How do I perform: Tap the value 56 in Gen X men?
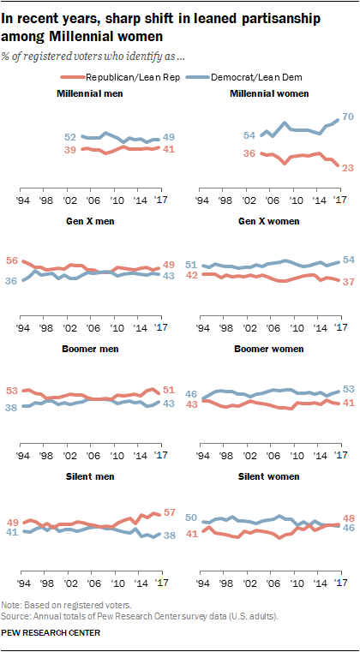(12, 260)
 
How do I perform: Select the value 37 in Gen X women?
(348, 282)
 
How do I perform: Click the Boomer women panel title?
(269, 373)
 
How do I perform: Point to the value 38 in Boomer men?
(12, 409)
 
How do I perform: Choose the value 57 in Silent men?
(169, 513)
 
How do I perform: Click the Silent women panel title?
(269, 499)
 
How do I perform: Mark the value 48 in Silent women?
(348, 518)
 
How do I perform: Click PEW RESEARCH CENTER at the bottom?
(51, 633)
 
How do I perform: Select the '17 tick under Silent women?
(339, 583)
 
